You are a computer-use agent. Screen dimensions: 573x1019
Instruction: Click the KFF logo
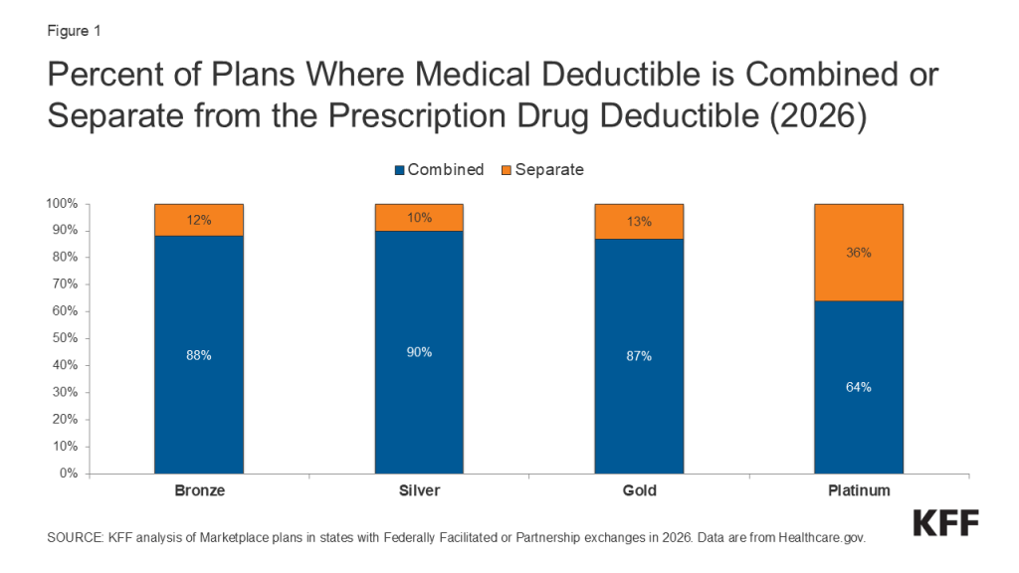(x=945, y=523)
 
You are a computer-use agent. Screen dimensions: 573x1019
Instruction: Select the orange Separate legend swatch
(x=507, y=170)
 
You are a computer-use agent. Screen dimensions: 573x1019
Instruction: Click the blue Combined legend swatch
(x=400, y=170)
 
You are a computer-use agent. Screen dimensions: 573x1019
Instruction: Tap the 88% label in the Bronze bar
(x=199, y=355)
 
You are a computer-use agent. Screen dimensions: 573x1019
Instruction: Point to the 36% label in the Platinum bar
(x=859, y=253)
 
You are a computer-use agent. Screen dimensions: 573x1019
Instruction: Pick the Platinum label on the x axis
(x=859, y=491)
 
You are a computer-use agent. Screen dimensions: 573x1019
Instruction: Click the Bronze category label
(x=199, y=491)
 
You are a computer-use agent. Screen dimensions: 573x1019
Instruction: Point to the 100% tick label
(x=61, y=204)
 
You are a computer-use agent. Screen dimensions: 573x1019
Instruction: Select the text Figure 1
(x=74, y=30)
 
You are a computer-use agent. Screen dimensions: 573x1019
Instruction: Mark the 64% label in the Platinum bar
(x=859, y=387)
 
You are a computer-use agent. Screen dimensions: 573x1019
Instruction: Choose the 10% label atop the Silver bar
(x=419, y=217)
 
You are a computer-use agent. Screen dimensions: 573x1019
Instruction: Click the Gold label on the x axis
(x=639, y=491)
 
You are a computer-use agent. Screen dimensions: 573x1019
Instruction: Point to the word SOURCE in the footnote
(x=75, y=538)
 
